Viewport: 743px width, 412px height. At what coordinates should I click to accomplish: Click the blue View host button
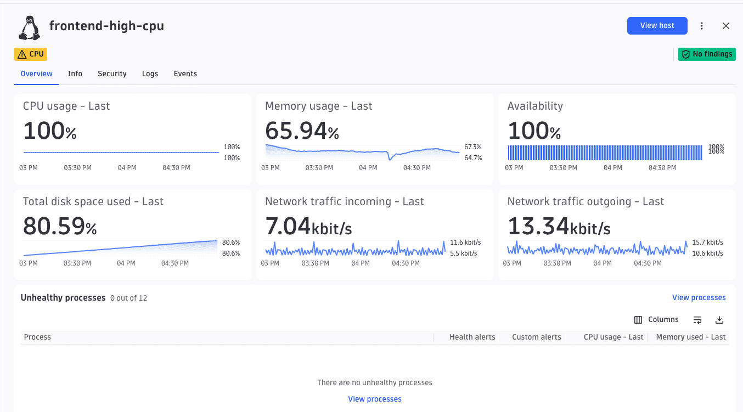pos(657,26)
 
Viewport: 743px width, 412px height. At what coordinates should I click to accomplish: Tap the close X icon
pos(726,26)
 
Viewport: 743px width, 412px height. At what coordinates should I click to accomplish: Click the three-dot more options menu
pos(701,26)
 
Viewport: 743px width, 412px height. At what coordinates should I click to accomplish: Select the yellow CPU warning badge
pos(31,54)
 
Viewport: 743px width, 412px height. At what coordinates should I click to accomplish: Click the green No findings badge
pos(707,54)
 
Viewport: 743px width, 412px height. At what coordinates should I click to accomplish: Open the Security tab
pos(112,74)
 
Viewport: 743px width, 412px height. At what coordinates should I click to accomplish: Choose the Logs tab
pos(150,74)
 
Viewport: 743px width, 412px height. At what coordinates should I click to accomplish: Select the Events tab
pos(185,74)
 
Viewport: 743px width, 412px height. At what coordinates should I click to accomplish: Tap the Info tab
pos(75,74)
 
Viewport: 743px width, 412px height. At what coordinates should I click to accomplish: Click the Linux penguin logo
pos(30,28)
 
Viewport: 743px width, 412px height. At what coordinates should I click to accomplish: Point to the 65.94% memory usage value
pos(302,131)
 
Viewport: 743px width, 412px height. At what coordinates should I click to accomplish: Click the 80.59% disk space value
pos(60,226)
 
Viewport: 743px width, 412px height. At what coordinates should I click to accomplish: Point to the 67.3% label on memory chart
pos(472,147)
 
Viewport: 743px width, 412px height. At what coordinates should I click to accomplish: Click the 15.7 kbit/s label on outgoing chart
pos(707,242)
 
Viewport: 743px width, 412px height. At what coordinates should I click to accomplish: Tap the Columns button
pos(656,319)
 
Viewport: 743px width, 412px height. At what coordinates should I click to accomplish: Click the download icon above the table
pos(719,320)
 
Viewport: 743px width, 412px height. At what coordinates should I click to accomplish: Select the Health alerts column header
pos(472,337)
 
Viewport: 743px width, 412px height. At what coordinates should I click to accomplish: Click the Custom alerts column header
pos(536,337)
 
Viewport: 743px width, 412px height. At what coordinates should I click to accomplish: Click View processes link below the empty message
pos(375,399)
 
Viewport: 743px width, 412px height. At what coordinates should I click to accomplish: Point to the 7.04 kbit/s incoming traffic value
pos(308,226)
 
